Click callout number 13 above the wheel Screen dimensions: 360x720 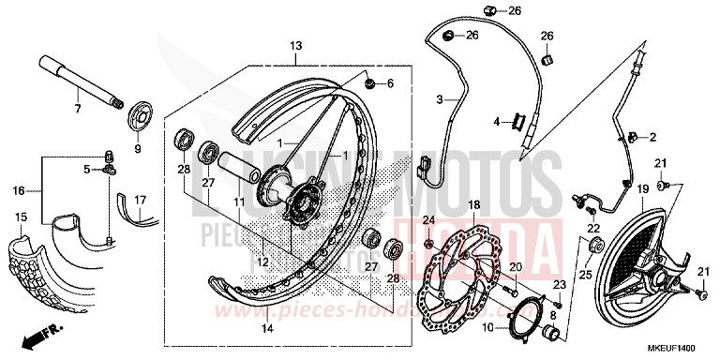[x=295, y=46]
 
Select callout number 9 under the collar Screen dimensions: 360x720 [x=137, y=148]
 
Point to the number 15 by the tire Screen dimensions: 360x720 [x=20, y=217]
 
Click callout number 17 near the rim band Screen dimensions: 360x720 [x=141, y=199]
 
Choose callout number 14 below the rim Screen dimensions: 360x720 [x=268, y=328]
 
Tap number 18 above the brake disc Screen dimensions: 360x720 [x=473, y=204]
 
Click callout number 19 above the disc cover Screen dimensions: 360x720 [x=643, y=189]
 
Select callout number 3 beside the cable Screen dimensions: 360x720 [x=438, y=98]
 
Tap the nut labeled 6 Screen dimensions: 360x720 [x=370, y=83]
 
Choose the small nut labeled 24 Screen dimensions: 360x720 [x=428, y=245]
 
